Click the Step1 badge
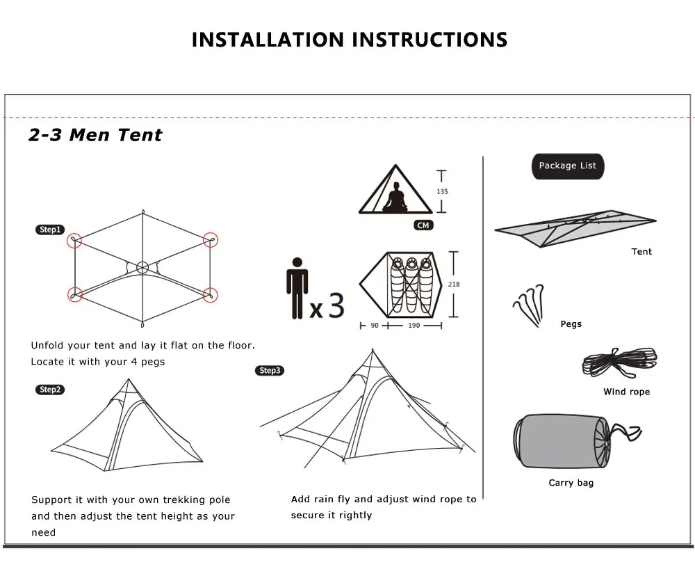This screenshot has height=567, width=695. click(x=49, y=230)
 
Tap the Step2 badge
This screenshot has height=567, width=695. click(x=49, y=390)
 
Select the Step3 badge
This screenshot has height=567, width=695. click(x=270, y=370)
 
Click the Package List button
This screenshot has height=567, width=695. click(x=568, y=166)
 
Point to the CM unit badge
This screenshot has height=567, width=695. click(x=423, y=225)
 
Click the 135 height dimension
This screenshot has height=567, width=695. click(x=442, y=191)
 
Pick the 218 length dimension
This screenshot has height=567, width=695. click(x=454, y=285)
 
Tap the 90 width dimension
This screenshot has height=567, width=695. click(x=375, y=326)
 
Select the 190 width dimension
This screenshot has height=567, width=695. click(x=414, y=326)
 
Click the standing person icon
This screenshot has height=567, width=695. click(x=297, y=288)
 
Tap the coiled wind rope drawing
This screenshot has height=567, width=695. click(x=620, y=362)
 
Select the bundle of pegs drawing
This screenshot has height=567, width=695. click(x=529, y=305)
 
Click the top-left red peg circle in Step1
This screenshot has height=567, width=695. click(x=74, y=241)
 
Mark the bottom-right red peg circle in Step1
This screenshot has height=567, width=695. click(x=210, y=295)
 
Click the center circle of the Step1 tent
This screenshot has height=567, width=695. click(x=142, y=268)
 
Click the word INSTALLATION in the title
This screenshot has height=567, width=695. click(x=268, y=40)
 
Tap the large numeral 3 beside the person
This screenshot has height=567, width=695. click(x=336, y=305)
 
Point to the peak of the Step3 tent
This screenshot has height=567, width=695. click(x=373, y=351)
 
